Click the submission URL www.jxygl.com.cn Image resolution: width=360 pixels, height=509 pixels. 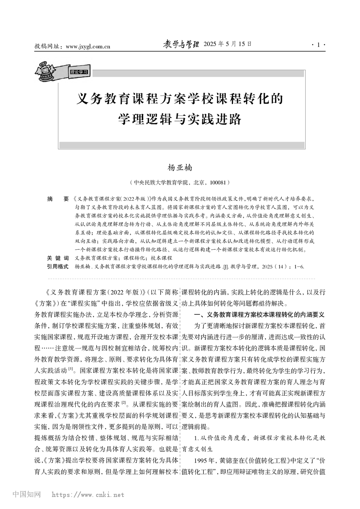89,46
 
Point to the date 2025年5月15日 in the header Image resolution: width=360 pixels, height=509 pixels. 228,44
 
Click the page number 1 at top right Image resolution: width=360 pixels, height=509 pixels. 318,45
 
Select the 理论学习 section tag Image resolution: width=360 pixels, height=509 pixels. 79,72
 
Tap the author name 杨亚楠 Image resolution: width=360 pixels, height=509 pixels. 180,168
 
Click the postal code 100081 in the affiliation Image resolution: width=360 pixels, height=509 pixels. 218,183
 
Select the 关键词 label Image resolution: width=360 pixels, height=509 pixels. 58,258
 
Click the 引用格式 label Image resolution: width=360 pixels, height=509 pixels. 58,267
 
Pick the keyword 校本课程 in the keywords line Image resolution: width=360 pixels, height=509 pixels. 162,258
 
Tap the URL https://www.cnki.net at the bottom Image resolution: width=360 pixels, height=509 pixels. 88,495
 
